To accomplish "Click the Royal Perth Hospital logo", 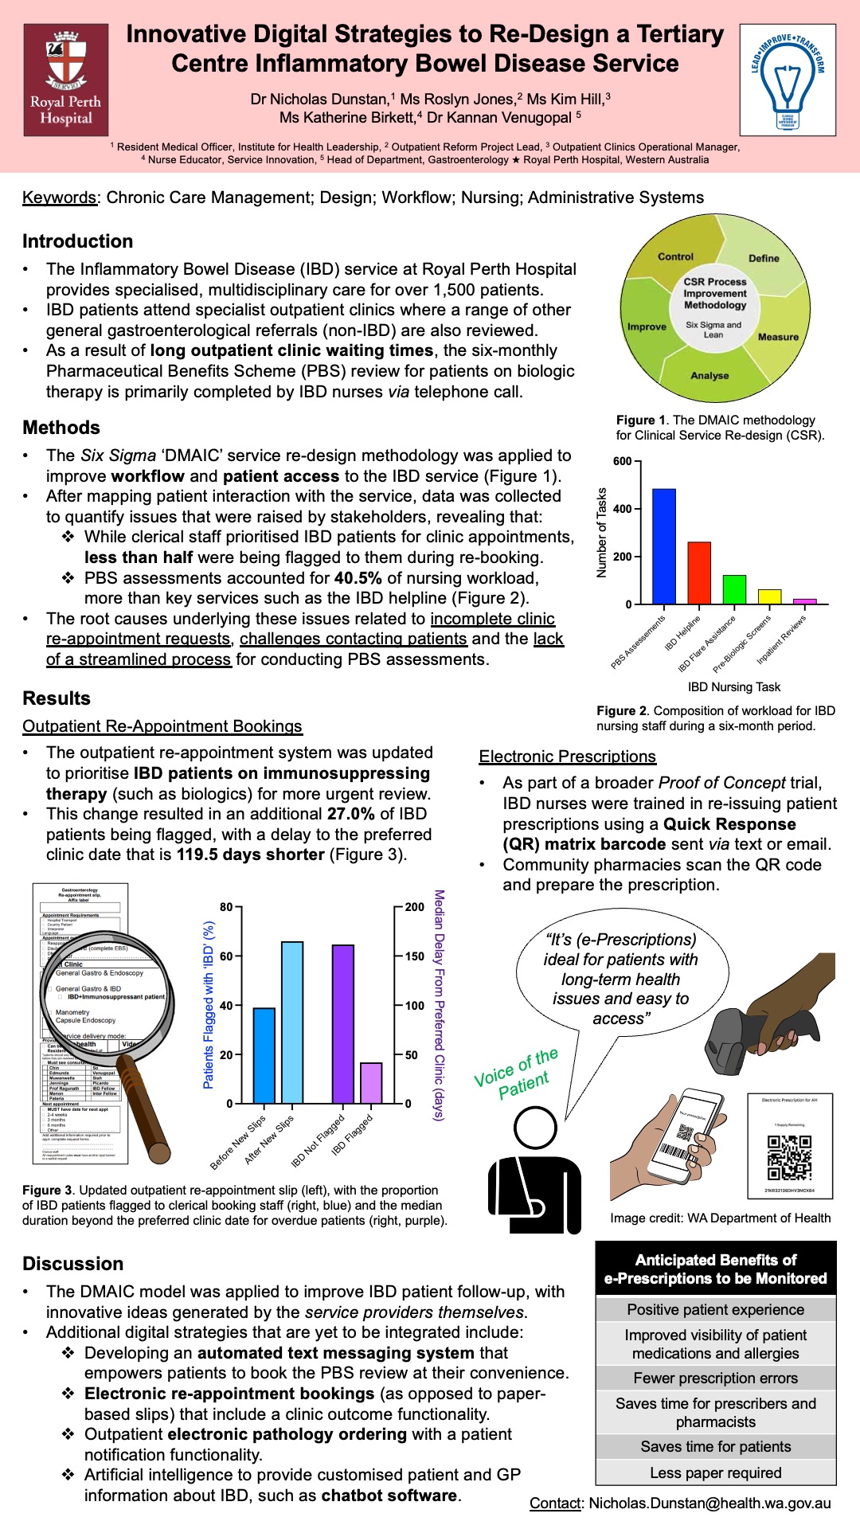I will coord(66,80).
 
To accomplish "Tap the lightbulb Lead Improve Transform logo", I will coord(787,80).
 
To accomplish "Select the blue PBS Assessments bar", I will coord(664,546).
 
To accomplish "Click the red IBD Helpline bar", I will coord(699,573).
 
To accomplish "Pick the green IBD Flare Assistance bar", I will coord(734,589).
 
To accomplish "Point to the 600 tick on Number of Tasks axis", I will coord(623,461).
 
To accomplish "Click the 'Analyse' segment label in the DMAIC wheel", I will coord(709,375).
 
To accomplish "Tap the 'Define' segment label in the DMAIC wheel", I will coord(764,258).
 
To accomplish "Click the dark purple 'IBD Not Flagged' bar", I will coord(343,1024).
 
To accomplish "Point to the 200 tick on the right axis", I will coord(414,907).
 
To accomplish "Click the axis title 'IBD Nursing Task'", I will coord(734,686).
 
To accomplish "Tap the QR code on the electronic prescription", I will coord(789,1157).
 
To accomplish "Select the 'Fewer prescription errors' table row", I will coord(715,1378).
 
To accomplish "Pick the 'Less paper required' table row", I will coord(715,1472).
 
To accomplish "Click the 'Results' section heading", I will coord(57,698).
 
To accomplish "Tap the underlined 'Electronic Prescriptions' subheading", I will coord(567,757).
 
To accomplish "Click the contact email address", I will coord(709,1504).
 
